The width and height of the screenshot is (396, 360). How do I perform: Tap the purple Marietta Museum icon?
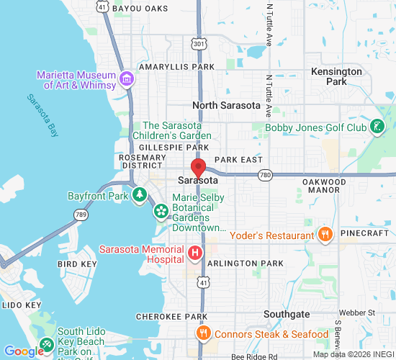tap(127, 78)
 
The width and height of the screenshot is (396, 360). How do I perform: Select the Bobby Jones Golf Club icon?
tap(376, 127)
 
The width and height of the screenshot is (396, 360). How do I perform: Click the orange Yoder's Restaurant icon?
tap(325, 234)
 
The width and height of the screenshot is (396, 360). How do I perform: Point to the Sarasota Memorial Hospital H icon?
tap(194, 253)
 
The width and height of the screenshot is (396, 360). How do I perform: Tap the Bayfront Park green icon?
tap(138, 195)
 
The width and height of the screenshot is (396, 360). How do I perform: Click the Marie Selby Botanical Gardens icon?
tap(161, 211)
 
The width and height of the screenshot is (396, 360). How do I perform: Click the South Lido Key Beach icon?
tap(47, 344)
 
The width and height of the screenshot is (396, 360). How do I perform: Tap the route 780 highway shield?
tap(266, 174)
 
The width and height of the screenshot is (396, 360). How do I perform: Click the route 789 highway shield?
tap(79, 214)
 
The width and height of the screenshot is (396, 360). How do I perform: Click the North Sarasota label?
tap(226, 105)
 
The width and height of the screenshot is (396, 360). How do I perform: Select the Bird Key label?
tap(77, 264)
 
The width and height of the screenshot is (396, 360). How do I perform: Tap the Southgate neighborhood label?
tap(286, 314)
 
